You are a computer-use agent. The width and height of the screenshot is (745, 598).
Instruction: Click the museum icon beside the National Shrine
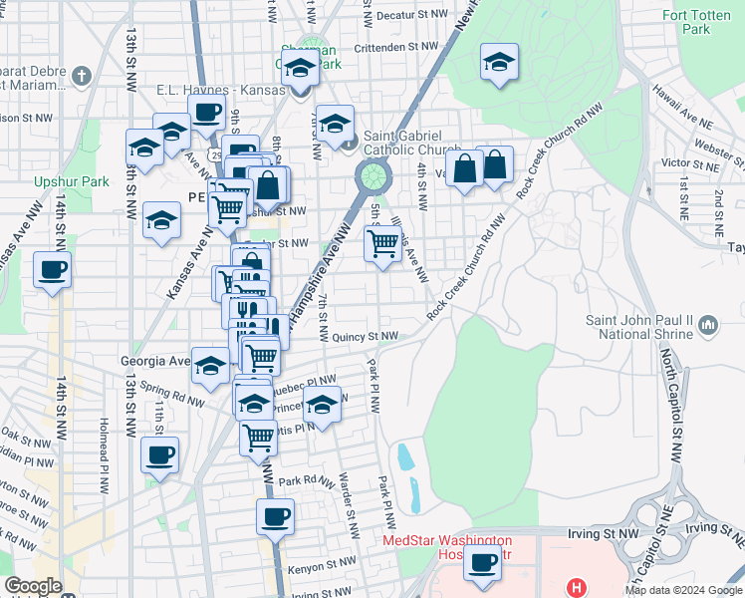point(708,325)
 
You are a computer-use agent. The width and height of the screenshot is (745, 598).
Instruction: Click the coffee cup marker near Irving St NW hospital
point(483,561)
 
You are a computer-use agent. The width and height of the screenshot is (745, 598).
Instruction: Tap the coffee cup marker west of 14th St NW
point(52,268)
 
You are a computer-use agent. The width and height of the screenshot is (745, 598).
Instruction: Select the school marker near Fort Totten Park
point(499,63)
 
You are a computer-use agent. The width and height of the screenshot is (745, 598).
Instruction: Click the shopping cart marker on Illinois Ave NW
point(383,242)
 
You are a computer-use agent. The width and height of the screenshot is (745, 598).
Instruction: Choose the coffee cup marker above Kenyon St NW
point(275,517)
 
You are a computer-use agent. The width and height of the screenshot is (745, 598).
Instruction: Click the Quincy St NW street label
point(366,337)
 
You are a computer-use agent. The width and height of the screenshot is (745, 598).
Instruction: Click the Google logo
point(34,586)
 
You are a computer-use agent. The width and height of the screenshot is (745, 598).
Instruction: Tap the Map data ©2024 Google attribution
point(682,590)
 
